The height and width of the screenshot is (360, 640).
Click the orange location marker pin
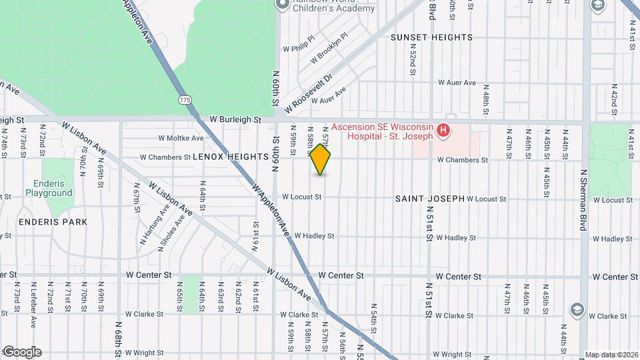321,159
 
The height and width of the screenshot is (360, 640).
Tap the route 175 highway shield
185,99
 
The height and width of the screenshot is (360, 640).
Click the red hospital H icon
443,131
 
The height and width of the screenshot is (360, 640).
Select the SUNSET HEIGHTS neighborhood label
431,37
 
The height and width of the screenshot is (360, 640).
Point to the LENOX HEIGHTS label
230,157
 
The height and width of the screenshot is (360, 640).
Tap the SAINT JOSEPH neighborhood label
429,199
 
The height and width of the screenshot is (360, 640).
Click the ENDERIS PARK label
44,221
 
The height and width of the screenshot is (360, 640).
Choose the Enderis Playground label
49,188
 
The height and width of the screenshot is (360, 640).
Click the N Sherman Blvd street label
584,199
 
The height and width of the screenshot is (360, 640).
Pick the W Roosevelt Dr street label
307,93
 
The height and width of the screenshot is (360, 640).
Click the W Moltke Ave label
181,138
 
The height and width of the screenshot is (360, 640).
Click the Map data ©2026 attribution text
611,355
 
